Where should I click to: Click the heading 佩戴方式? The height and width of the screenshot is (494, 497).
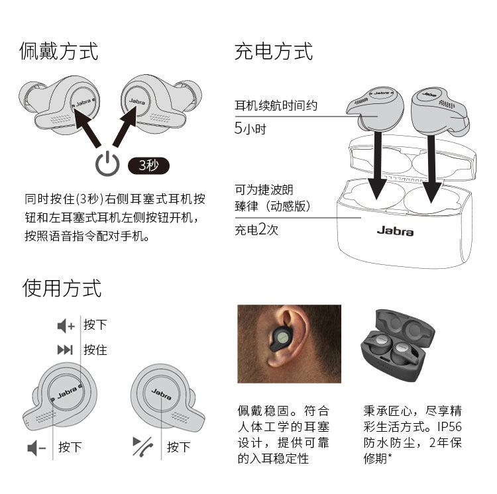click(58, 51)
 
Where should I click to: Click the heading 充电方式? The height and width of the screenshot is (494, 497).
click(274, 51)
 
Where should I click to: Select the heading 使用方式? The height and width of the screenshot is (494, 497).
click(62, 288)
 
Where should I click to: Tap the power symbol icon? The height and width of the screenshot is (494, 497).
click(107, 164)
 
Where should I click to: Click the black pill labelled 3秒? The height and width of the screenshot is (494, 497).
click(148, 166)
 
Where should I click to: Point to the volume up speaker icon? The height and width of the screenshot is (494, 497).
click(66, 326)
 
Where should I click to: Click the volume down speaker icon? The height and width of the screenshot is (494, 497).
click(36, 448)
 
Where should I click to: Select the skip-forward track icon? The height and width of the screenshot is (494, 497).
click(65, 350)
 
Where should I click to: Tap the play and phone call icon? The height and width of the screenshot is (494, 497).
click(143, 446)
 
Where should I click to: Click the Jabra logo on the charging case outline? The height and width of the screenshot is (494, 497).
click(395, 231)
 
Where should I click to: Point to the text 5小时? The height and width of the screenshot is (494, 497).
click(250, 128)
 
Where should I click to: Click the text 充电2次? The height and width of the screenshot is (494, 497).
click(256, 229)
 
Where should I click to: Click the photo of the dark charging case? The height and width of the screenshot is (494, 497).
click(398, 346)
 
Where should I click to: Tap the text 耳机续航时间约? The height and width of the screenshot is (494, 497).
click(276, 105)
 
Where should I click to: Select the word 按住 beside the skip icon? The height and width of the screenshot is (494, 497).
click(95, 350)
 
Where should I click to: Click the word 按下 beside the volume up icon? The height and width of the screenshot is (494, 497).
click(95, 325)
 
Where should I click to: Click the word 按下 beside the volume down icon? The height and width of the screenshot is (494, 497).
click(70, 447)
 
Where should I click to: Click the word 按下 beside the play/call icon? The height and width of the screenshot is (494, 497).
click(179, 447)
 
